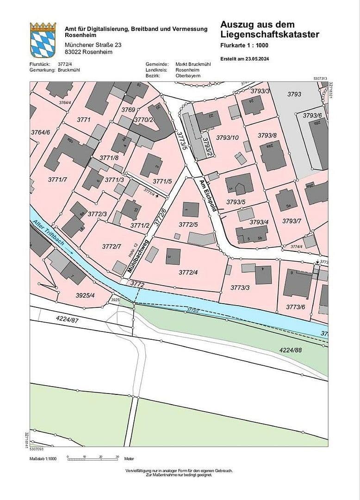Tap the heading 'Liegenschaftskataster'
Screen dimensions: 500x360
coord(270,34)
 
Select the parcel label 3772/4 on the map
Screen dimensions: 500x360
coord(188,272)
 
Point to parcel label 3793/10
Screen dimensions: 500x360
coord(227,137)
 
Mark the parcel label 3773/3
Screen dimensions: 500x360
coord(240,288)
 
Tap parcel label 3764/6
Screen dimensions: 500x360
coord(40,132)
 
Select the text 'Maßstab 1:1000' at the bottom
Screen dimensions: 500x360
coord(43,458)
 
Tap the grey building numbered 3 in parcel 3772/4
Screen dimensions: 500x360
coord(173,256)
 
